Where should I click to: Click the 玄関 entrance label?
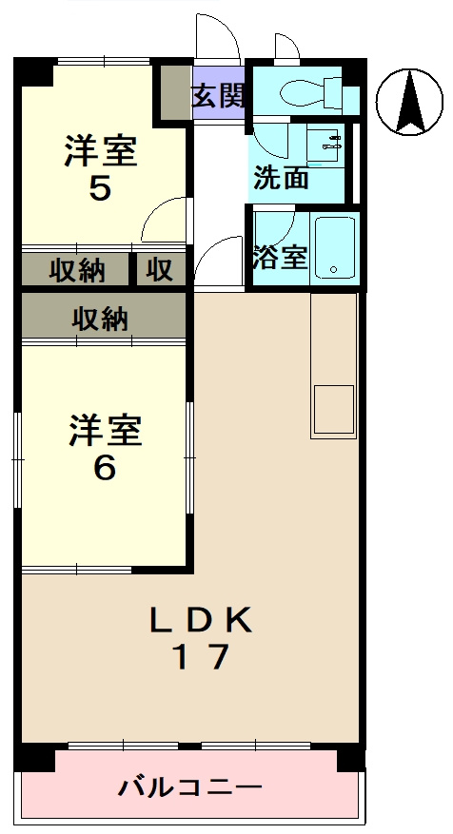[x=220, y=96]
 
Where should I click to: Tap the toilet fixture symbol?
[x=306, y=91]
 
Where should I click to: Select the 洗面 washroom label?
[x=281, y=177]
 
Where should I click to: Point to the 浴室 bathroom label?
[x=281, y=257]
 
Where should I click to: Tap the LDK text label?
[x=201, y=621]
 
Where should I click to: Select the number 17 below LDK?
[x=200, y=658]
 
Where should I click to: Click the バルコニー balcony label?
[x=190, y=787]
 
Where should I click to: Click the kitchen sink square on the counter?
[x=333, y=409]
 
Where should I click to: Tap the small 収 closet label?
[x=160, y=270]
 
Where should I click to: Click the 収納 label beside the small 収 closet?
[x=76, y=270]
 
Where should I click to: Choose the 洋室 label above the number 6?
[x=104, y=431]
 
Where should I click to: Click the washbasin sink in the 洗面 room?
[x=329, y=145]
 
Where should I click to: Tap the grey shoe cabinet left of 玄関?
[x=173, y=92]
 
